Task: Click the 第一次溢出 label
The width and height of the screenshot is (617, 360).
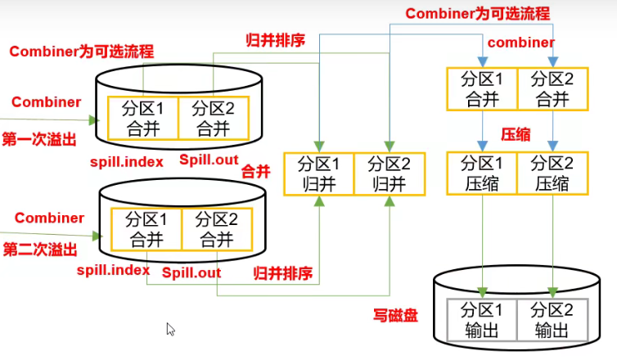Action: (x=40, y=140)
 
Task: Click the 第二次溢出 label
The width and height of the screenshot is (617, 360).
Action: (x=40, y=249)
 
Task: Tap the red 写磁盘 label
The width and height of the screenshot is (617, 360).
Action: (x=396, y=315)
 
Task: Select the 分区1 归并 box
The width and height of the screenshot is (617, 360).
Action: (x=319, y=173)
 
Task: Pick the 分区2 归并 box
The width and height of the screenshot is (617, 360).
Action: (x=389, y=173)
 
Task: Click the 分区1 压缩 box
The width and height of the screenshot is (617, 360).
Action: (x=483, y=173)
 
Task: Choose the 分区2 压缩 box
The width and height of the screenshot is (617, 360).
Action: (x=553, y=173)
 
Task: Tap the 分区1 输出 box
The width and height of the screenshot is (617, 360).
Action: (x=483, y=320)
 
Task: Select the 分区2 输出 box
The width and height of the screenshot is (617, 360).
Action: (x=553, y=320)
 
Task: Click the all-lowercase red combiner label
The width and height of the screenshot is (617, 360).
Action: (x=521, y=42)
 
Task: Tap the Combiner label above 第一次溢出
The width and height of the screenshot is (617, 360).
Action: (x=47, y=102)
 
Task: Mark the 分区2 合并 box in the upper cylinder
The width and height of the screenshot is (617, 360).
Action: (x=214, y=118)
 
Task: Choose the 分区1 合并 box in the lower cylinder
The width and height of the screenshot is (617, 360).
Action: (x=145, y=229)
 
